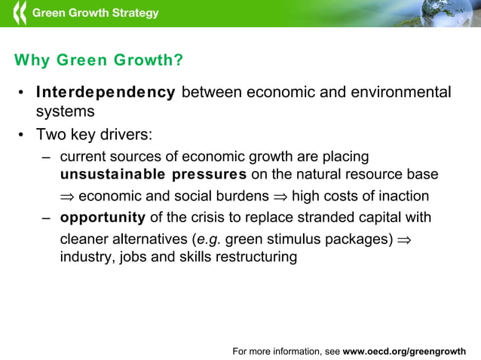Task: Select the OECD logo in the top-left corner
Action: tap(19, 13)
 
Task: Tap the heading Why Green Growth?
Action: tap(99, 60)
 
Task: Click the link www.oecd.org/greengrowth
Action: tap(404, 351)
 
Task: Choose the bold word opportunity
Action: tap(103, 218)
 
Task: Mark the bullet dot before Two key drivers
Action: tap(22, 136)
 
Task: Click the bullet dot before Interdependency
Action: tap(22, 93)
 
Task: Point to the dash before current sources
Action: tap(46, 157)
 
